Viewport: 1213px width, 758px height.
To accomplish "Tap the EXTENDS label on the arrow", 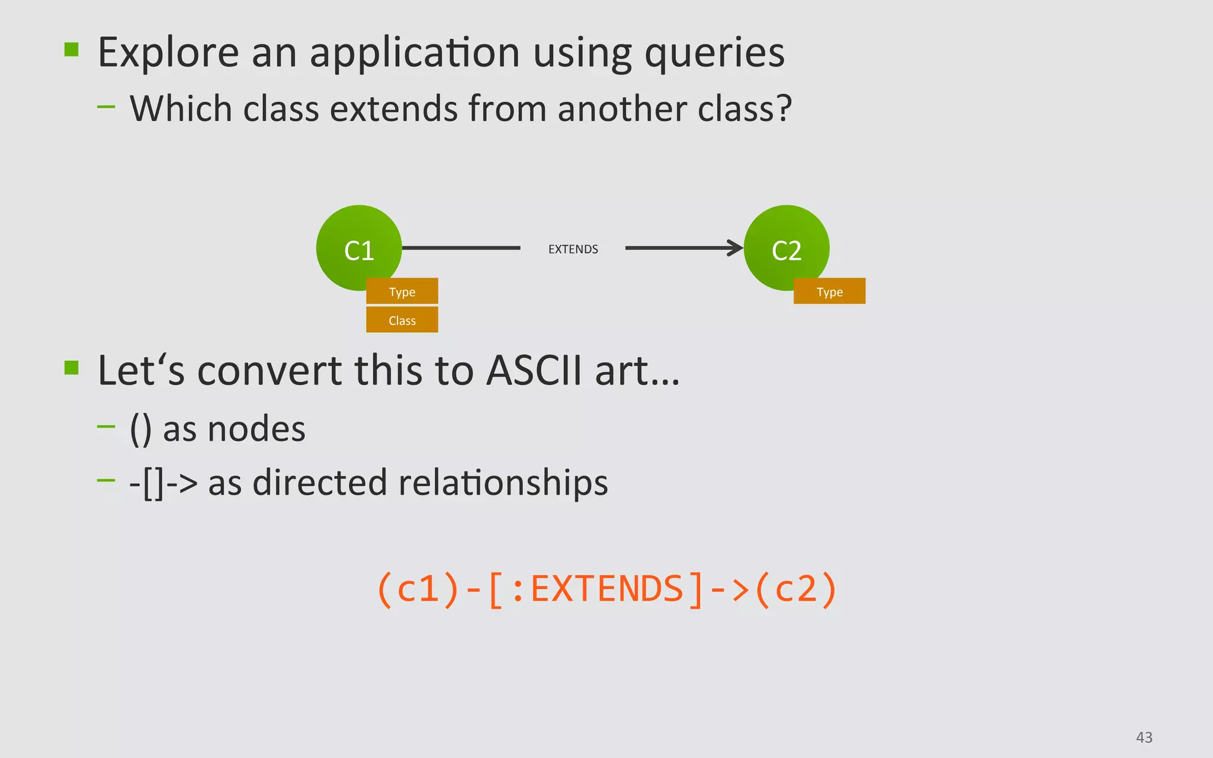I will [573, 249].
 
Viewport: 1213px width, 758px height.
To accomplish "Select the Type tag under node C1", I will [402, 292].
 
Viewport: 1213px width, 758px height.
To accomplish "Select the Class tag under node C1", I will [402, 320].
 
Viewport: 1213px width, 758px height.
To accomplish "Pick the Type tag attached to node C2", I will [829, 292].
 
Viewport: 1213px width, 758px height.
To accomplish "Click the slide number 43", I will [1144, 737].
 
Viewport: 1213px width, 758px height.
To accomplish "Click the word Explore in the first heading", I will [168, 53].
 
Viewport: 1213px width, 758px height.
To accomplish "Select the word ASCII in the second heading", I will [534, 371].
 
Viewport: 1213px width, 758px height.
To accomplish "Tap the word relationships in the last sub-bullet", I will [503, 483].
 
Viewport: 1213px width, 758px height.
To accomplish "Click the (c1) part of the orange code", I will [418, 590].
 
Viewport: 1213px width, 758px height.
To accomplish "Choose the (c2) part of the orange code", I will [796, 590].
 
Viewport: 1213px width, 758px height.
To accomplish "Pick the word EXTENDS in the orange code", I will [607, 590].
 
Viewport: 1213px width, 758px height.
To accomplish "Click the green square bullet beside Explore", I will [72, 49].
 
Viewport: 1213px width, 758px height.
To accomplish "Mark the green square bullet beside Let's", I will [72, 368].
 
